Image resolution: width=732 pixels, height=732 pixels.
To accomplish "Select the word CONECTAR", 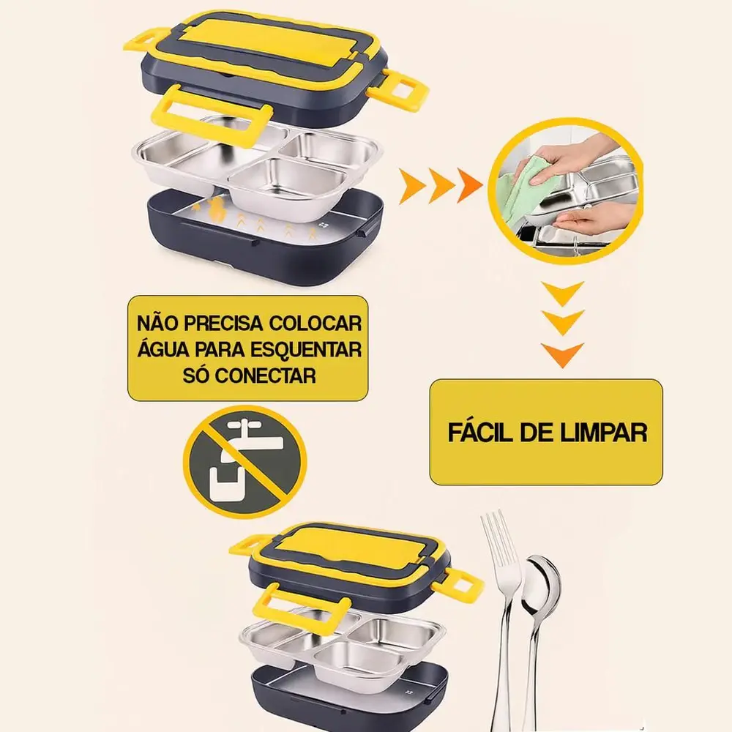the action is coord(266,376).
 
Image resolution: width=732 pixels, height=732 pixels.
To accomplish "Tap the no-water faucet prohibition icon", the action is coord(244,462).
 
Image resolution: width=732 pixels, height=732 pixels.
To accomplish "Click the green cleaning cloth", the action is coord(520,182).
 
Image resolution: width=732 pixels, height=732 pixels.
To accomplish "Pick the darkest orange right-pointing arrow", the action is coord(470,186).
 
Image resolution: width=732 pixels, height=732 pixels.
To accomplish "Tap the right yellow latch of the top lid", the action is coord(400,89).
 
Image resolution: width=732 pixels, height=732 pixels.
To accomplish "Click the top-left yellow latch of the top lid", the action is coord(145,39).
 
